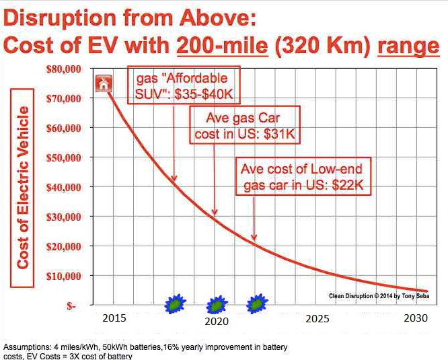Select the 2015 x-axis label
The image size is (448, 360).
pyautogui.click(x=116, y=318)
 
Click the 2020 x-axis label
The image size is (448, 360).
pyautogui.click(x=216, y=321)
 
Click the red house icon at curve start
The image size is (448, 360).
pyautogui.click(x=103, y=83)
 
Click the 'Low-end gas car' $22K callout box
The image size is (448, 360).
pyautogui.click(x=303, y=177)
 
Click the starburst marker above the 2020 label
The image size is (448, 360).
pyautogui.click(x=216, y=305)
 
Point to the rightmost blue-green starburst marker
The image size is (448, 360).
pyautogui.click(x=256, y=304)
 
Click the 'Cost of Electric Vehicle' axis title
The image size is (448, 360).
pyautogui.click(x=24, y=188)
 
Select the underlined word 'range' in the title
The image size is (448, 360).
pyautogui.click(x=408, y=46)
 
